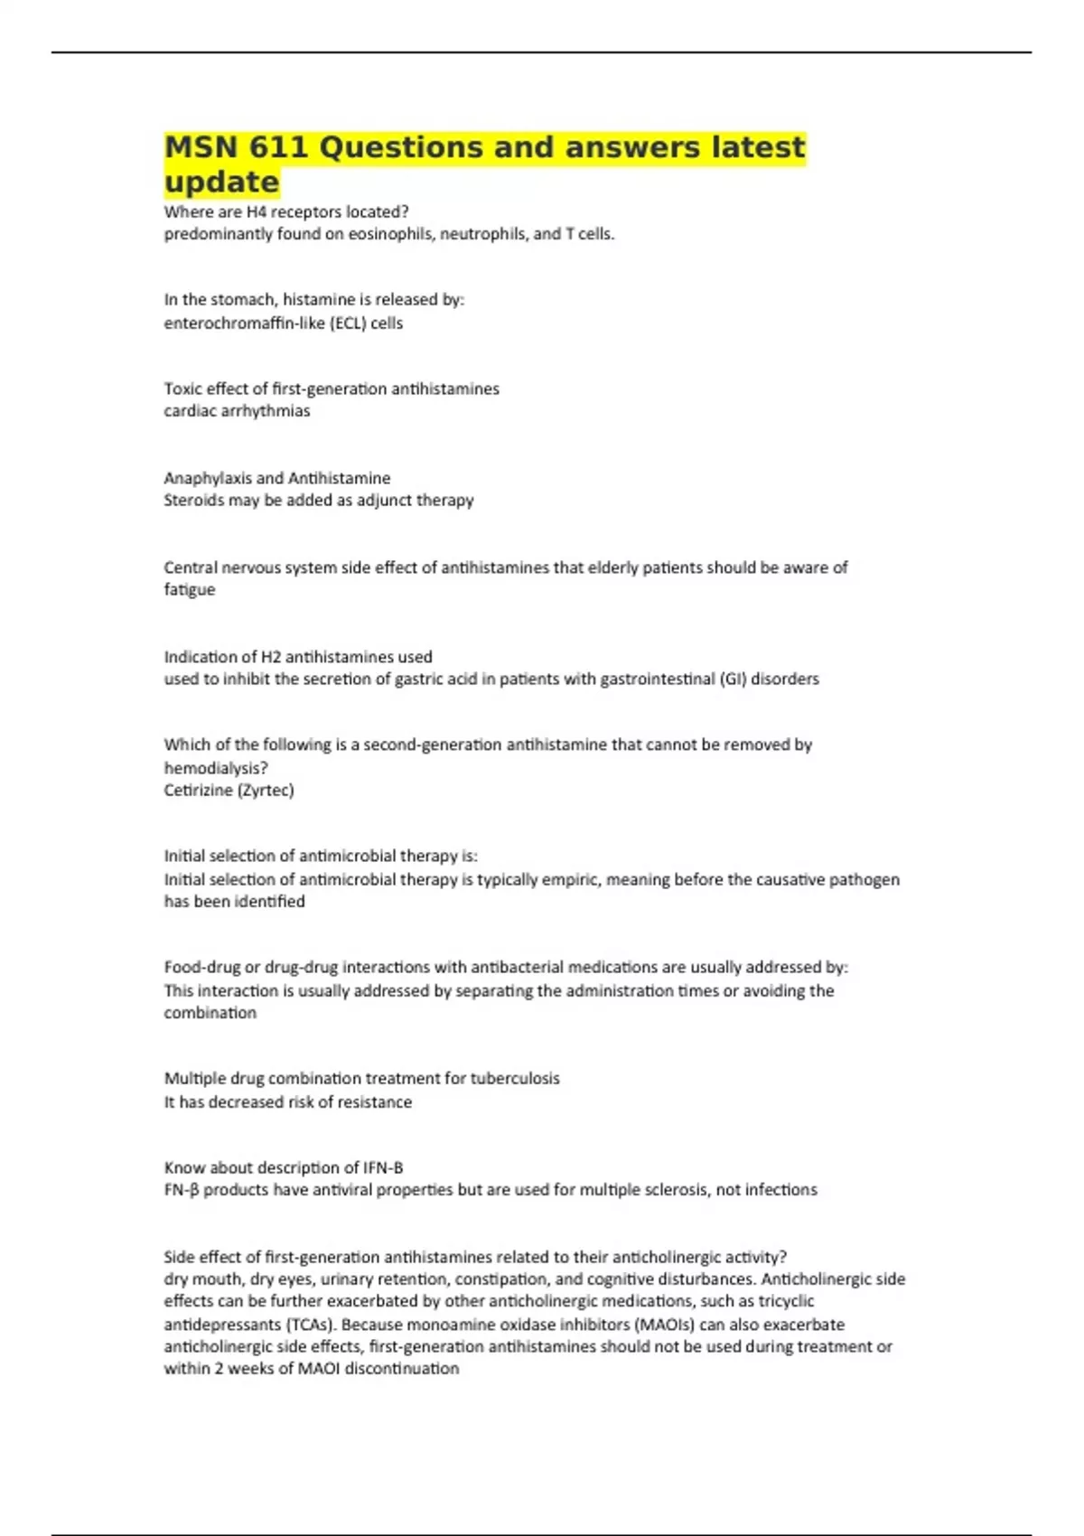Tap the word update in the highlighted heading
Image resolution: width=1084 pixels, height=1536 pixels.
click(221, 182)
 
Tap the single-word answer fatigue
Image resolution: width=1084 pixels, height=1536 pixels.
click(189, 589)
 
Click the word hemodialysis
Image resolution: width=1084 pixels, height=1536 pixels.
click(215, 768)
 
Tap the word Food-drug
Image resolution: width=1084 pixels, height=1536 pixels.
click(202, 967)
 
